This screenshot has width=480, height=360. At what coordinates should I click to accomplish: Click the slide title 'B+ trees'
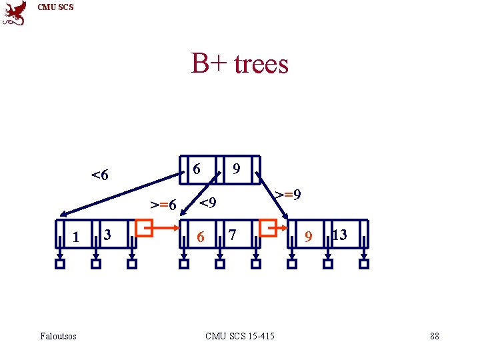click(240, 64)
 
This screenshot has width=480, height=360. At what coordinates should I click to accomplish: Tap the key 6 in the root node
click(196, 169)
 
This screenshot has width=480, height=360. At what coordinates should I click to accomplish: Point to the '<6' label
click(100, 176)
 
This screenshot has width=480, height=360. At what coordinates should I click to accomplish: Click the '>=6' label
click(163, 205)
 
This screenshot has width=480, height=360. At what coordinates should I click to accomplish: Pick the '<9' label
click(208, 202)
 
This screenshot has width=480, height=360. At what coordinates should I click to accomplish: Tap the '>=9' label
click(288, 195)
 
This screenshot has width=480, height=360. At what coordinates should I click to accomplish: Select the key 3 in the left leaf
click(107, 234)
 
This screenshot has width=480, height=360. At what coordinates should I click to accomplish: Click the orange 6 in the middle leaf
click(200, 236)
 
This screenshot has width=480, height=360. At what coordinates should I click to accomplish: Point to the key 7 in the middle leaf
click(231, 235)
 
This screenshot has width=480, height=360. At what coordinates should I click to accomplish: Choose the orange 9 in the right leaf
click(307, 236)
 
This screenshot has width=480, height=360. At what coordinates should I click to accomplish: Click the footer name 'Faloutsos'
click(59, 336)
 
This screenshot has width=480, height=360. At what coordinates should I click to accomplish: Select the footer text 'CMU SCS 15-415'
click(240, 336)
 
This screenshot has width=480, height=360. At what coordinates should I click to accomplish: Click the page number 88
click(435, 336)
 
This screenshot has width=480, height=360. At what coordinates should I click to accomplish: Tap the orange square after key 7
click(269, 229)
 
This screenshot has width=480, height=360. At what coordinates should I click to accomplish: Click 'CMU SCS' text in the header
click(56, 7)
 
